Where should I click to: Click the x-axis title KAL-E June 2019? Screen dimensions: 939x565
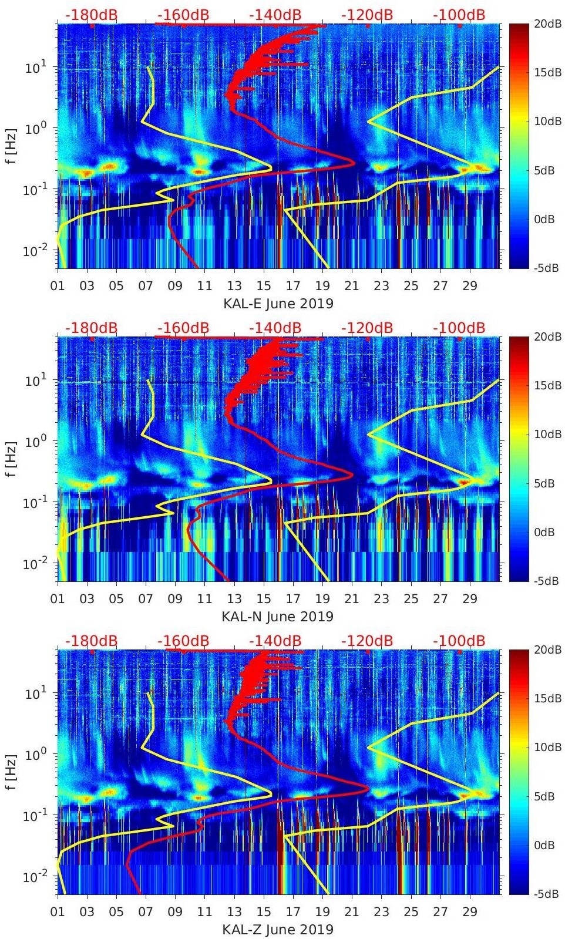coord(278,304)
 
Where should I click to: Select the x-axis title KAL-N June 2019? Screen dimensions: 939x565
coord(278,617)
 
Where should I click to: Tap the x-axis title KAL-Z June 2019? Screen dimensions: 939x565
coord(278,930)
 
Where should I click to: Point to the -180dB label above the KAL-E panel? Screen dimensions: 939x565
coord(92,15)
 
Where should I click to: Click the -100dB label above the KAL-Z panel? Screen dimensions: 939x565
coord(459,641)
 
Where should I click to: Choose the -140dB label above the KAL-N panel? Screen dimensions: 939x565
coord(275,328)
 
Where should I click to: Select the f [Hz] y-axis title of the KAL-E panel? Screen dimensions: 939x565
coord(12,146)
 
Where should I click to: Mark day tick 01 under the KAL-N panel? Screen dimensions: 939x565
coord(58,599)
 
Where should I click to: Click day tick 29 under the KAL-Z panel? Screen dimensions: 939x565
coord(470,912)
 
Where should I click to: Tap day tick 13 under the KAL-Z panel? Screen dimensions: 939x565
coord(234,912)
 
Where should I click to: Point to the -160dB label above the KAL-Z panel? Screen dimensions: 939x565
coord(183,641)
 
